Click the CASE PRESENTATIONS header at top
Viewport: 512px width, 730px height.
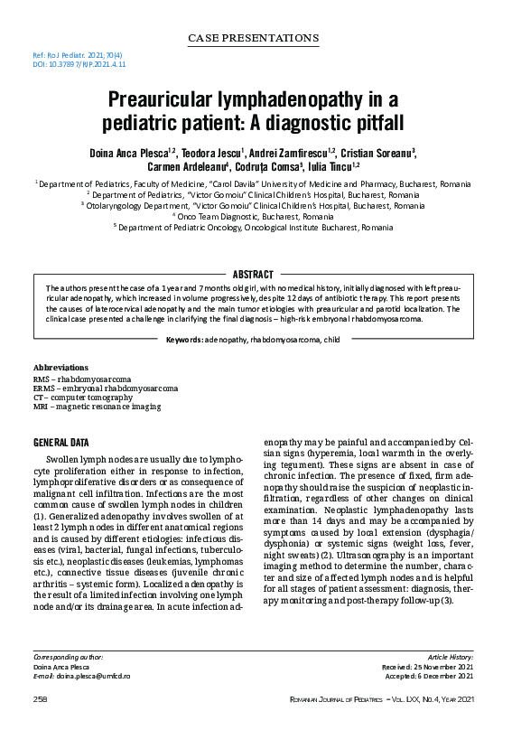(x=253, y=38)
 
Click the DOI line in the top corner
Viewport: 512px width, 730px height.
(x=67, y=65)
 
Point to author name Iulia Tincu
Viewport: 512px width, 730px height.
(x=331, y=166)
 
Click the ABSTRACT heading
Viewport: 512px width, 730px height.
(x=253, y=274)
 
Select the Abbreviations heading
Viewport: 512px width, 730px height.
(x=61, y=369)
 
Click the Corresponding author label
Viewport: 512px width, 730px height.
(x=68, y=657)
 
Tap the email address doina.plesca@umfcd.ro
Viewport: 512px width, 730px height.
(x=94, y=676)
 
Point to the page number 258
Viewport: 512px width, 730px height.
(x=40, y=700)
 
